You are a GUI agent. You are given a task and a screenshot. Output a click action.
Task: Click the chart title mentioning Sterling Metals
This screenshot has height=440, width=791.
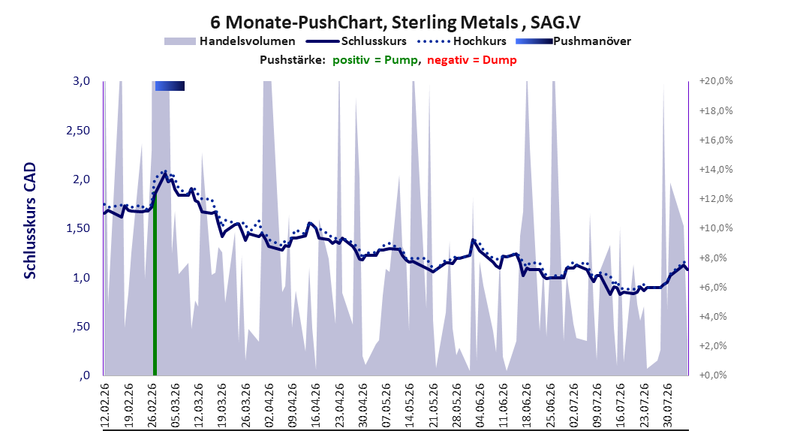pyautogui.click(x=395, y=23)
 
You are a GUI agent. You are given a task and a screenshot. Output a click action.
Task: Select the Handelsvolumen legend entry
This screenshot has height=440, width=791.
pyautogui.click(x=230, y=41)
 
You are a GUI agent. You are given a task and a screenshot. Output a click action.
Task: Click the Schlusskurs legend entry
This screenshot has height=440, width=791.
pyautogui.click(x=356, y=41)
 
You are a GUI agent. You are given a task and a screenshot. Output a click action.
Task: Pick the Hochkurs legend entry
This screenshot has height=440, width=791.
pyautogui.click(x=462, y=41)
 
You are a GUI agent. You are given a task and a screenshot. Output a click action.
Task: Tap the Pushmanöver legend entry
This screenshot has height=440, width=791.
pyautogui.click(x=573, y=41)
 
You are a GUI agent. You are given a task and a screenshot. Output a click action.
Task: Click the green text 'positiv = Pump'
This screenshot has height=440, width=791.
pyautogui.click(x=374, y=60)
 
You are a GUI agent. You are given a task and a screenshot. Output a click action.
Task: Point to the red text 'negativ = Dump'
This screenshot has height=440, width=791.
pyautogui.click(x=472, y=60)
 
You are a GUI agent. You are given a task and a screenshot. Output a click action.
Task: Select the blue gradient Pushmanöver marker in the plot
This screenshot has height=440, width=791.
pyautogui.click(x=170, y=86)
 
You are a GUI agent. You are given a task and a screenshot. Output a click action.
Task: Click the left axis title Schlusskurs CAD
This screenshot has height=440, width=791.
pyautogui.click(x=30, y=221)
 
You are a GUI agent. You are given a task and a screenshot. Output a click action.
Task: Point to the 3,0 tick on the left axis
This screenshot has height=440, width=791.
pyautogui.click(x=81, y=81)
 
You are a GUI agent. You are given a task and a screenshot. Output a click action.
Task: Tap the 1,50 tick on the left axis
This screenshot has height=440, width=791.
pyautogui.click(x=78, y=228)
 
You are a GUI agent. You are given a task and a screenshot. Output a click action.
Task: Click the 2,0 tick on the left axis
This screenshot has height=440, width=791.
pyautogui.click(x=81, y=179)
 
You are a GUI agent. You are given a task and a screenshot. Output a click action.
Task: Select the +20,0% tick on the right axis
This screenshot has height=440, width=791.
pyautogui.click(x=716, y=81)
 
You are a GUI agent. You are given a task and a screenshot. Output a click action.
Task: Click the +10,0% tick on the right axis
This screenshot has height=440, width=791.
pyautogui.click(x=716, y=228)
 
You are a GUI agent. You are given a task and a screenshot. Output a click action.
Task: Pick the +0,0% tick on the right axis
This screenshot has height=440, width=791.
pyautogui.click(x=713, y=375)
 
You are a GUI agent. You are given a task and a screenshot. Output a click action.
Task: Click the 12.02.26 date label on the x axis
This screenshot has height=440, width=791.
pyautogui.click(x=105, y=405)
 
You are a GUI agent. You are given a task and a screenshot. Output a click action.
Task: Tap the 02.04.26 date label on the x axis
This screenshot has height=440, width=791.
pyautogui.click(x=269, y=405)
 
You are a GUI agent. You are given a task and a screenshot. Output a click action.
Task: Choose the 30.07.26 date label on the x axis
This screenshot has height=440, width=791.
pyautogui.click(x=668, y=405)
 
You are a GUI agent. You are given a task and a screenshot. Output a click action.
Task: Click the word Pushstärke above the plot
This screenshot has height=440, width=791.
pyautogui.click(x=293, y=60)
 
